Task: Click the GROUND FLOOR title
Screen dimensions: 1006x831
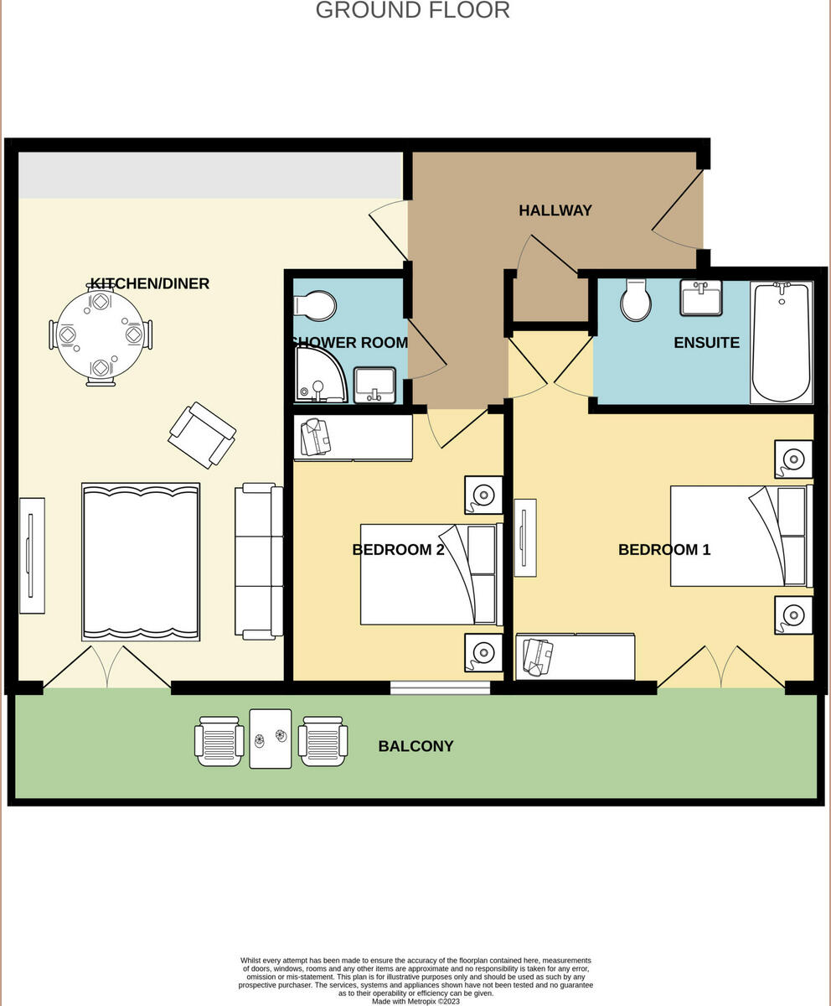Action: coord(412,10)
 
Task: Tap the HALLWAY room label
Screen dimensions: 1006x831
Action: coord(555,210)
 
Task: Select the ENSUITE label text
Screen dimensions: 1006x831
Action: coord(706,343)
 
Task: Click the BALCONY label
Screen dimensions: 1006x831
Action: coord(415,746)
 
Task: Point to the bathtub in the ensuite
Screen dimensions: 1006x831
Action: coord(781,342)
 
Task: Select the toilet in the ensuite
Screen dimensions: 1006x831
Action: coord(636,299)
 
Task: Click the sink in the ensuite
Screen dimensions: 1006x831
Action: coord(700,298)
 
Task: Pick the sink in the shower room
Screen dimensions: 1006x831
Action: coord(374,385)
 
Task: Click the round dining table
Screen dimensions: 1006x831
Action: coord(101,334)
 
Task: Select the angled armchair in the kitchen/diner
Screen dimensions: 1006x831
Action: coord(202,434)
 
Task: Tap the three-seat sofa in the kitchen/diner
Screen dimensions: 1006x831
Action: coord(258,561)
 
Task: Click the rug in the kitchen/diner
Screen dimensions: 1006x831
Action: coord(141,562)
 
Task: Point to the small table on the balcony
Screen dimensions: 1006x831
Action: coord(271,739)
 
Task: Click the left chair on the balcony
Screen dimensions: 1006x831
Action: coord(219,741)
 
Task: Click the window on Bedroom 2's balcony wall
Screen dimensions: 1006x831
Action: coord(440,688)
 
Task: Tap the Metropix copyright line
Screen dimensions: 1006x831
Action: coord(415,1001)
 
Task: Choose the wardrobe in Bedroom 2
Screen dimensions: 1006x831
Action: coord(353,438)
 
